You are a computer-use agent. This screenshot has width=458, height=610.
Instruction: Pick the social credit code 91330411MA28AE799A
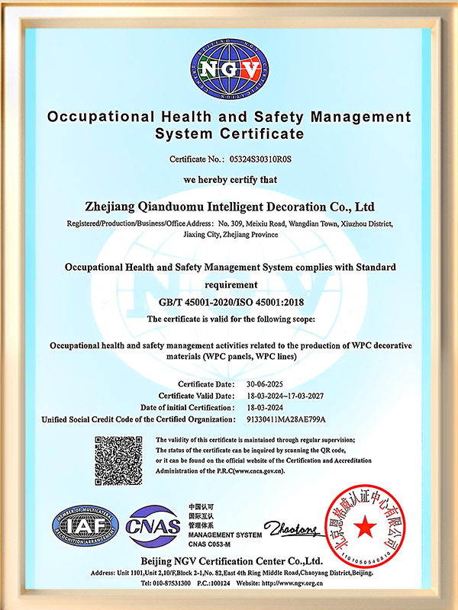tap(287, 420)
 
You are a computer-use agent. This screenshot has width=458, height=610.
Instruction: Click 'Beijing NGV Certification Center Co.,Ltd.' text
tap(229, 560)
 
